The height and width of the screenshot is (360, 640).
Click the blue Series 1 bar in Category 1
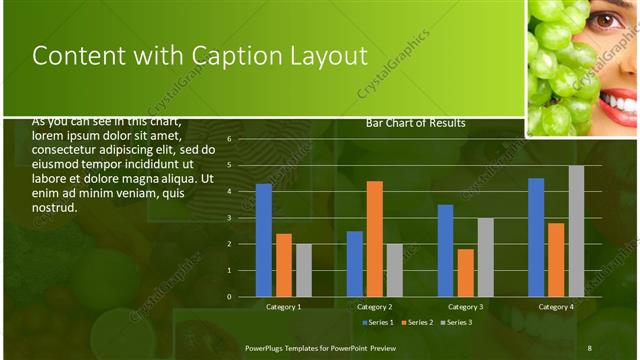tap(264, 240)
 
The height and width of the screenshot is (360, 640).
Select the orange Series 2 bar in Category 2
tap(374, 239)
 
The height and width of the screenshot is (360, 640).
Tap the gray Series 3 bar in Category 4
tap(576, 231)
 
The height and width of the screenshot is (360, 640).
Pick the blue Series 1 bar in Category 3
tap(445, 251)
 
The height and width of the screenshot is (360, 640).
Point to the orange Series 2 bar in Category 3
tap(465, 273)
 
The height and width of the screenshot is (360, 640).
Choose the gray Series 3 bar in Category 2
tap(394, 270)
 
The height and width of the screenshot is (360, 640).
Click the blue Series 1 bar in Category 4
tap(536, 237)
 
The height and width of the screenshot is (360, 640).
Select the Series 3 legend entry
tap(456, 322)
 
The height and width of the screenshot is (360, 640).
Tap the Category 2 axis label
tap(374, 306)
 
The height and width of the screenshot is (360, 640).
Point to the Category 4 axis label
tap(556, 306)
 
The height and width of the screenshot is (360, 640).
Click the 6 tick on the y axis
tap(229, 139)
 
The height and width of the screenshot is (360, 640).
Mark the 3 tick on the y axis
tap(229, 218)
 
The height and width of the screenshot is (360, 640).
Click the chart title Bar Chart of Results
tap(415, 123)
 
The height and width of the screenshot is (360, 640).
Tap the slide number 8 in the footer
tap(589, 347)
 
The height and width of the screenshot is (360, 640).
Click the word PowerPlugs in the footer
tap(267, 347)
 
